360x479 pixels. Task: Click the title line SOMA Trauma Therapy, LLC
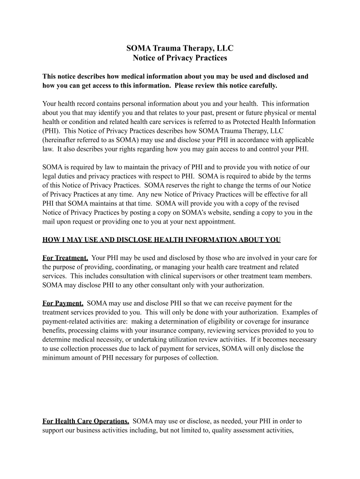coord(180,48)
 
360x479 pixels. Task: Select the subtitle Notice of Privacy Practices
coord(180,58)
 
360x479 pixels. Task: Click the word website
coord(216,212)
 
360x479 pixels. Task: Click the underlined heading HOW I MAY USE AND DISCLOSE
coord(161,240)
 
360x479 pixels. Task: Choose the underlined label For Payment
coord(63,303)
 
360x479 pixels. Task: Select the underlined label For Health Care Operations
coord(86,421)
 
